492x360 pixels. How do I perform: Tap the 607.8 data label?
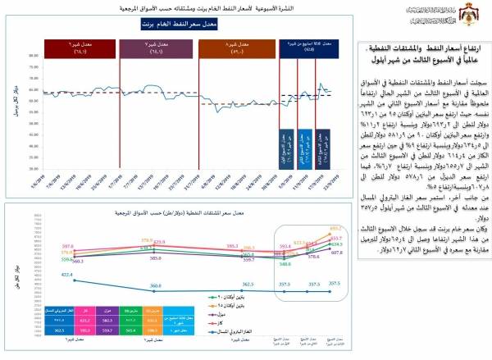337,254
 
